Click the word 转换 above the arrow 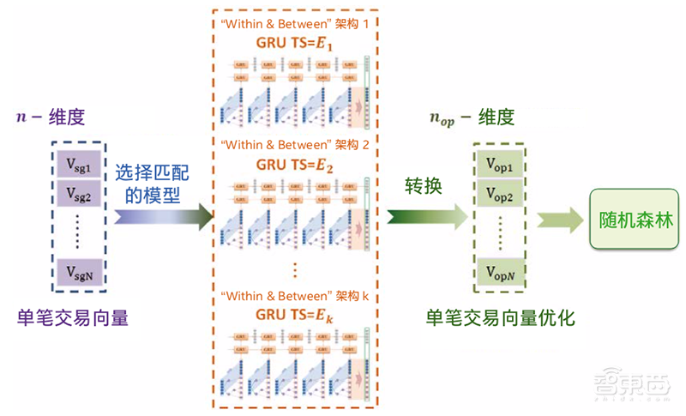pyautogui.click(x=424, y=184)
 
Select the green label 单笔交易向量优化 pyautogui.click(x=500, y=318)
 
